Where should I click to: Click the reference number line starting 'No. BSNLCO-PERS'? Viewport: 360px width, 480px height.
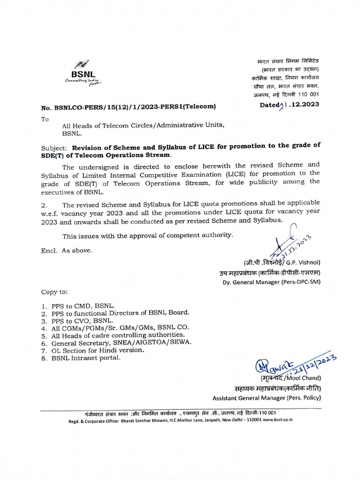128,107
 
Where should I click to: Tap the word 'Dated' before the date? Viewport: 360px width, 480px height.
270,105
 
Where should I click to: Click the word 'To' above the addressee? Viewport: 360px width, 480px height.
45,119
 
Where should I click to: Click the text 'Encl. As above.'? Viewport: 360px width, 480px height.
67,250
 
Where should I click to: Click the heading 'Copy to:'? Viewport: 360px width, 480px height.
54,292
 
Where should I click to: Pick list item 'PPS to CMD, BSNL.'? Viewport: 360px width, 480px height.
82,305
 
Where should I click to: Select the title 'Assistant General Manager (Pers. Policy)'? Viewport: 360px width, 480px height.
266,398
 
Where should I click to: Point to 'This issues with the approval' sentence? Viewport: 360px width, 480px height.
147,235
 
